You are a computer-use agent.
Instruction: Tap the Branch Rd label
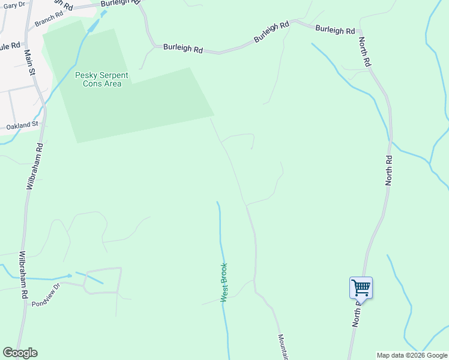pos(49,20)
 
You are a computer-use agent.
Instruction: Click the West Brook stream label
pos(224,282)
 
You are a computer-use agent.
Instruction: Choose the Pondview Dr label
pos(47,294)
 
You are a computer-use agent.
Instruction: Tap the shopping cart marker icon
pos(361,287)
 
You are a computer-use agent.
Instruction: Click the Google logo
pos(20,353)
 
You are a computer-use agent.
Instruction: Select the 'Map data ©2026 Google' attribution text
pos(412,355)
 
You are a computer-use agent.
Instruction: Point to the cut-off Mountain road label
pos(282,346)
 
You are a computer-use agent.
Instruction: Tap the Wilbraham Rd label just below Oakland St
pos(34,166)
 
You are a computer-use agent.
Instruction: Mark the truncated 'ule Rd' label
pos(10,46)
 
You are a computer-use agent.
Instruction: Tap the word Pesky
pos(85,75)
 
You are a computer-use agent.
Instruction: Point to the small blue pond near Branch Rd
pos(93,26)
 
